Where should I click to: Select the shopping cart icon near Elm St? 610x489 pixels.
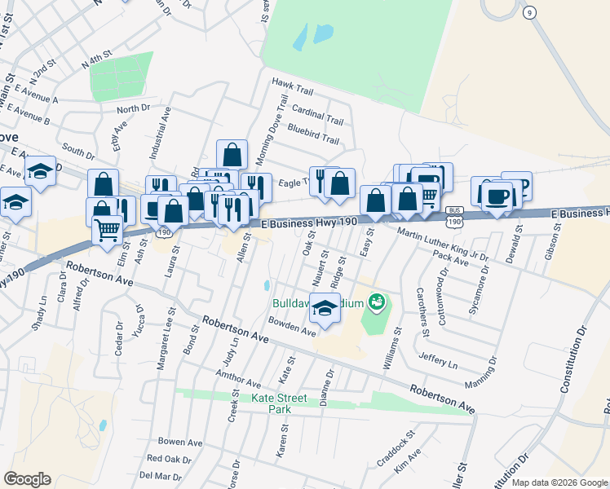click(107, 231)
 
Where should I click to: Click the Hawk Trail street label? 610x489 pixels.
click(293, 81)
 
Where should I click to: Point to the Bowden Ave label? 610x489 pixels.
click(292, 327)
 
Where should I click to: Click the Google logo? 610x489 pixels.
click(27, 478)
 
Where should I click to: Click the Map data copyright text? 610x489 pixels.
click(559, 482)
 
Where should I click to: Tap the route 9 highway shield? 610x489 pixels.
click(529, 11)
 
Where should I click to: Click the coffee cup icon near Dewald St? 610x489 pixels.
click(497, 196)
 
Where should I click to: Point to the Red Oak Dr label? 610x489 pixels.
click(166, 460)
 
